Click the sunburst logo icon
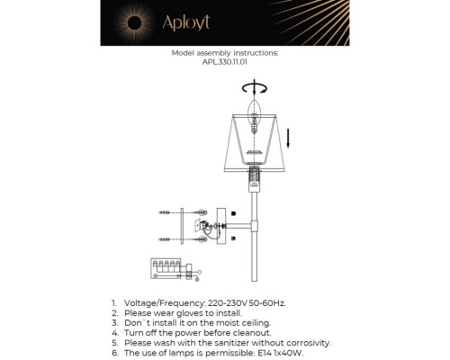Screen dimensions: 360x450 point(136,22)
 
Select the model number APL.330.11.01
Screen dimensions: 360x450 point(225,62)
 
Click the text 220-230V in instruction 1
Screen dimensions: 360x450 point(229,304)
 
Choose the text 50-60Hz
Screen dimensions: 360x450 point(270,304)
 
